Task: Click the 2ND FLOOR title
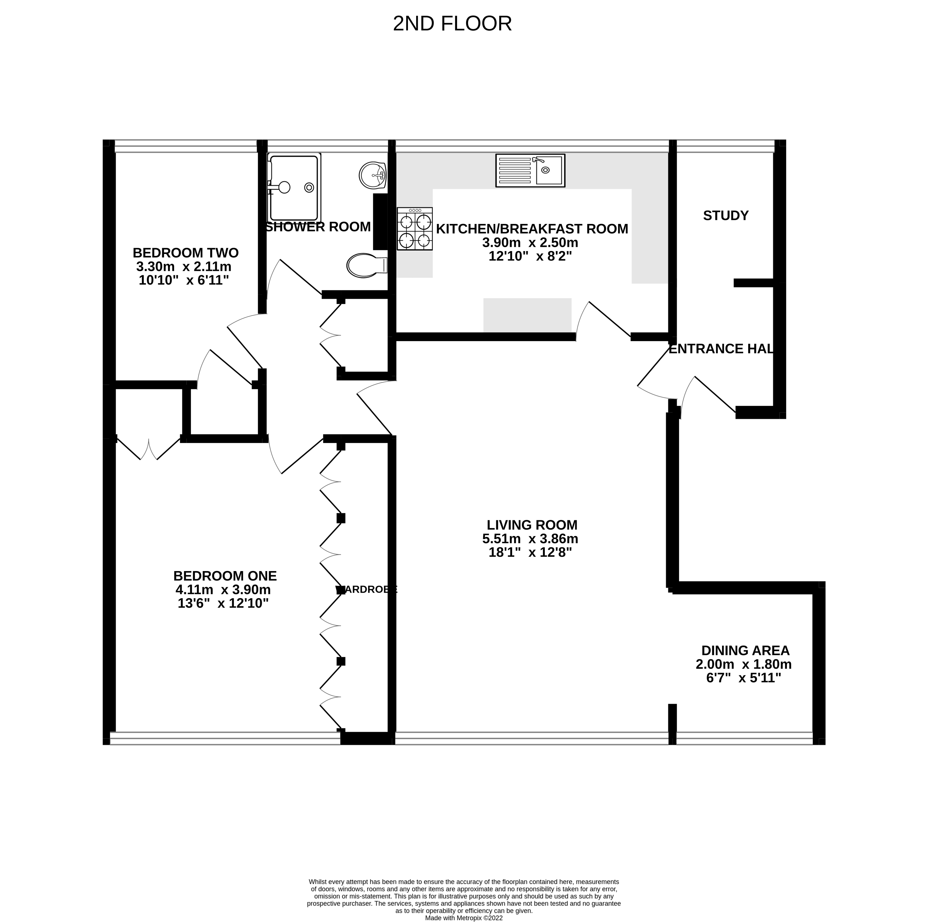click(452, 24)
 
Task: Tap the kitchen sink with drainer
click(530, 171)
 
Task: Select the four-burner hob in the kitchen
click(415, 229)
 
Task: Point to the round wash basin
click(372, 176)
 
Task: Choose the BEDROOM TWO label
click(185, 253)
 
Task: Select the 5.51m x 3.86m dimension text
click(530, 539)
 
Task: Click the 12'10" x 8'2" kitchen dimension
click(530, 256)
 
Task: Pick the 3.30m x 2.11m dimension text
click(184, 266)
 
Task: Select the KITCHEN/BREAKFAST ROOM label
click(532, 229)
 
